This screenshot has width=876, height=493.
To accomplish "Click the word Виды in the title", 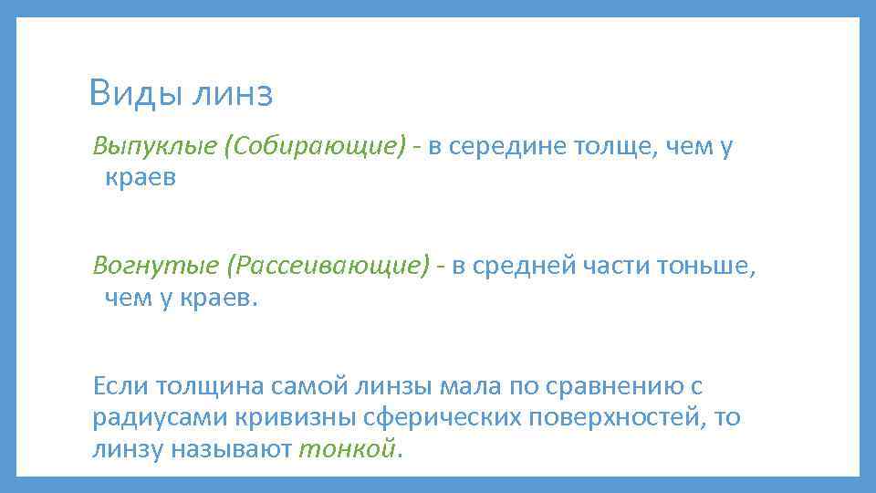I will [135, 93].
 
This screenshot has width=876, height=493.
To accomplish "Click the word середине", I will [506, 147].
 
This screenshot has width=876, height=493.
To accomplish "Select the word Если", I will [121, 386].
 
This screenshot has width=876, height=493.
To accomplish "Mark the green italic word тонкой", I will [349, 448].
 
